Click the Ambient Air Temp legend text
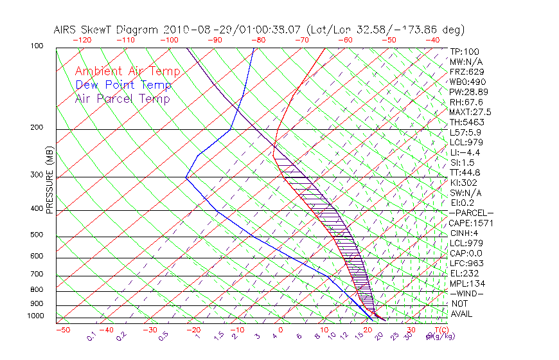click(x=127, y=71)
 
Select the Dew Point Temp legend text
click(x=123, y=85)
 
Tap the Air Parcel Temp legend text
click(x=122, y=98)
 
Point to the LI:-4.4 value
click(x=465, y=152)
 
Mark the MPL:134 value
click(x=467, y=283)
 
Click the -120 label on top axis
click(x=82, y=40)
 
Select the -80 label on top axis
click(x=258, y=40)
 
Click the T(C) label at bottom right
click(x=438, y=330)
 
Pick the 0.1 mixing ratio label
click(x=91, y=336)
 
